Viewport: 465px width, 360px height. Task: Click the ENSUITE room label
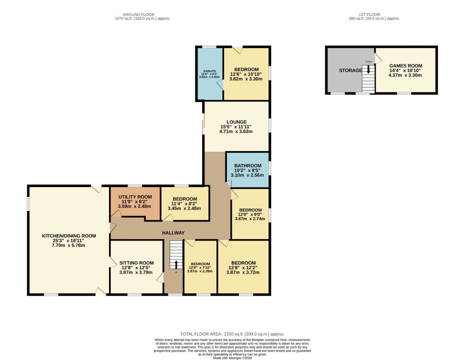210,71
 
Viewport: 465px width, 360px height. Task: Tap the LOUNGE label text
236,122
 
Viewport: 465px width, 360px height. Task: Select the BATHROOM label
248,166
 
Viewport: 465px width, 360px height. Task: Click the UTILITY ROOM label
135,197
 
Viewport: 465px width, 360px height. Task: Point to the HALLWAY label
173,233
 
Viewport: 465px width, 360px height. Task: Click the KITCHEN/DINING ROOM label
69,236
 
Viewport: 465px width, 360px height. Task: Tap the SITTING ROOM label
137,263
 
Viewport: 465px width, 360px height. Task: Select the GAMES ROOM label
406,66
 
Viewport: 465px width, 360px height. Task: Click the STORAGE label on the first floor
350,70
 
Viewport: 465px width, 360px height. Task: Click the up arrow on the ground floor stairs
176,264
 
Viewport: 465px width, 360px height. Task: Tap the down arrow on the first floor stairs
368,69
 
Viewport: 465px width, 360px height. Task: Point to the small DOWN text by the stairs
368,62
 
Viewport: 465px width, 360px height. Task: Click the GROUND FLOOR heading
138,15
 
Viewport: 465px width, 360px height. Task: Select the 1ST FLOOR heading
369,15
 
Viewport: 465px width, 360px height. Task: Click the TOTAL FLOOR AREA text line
232,334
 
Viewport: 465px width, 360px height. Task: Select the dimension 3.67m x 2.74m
250,219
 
